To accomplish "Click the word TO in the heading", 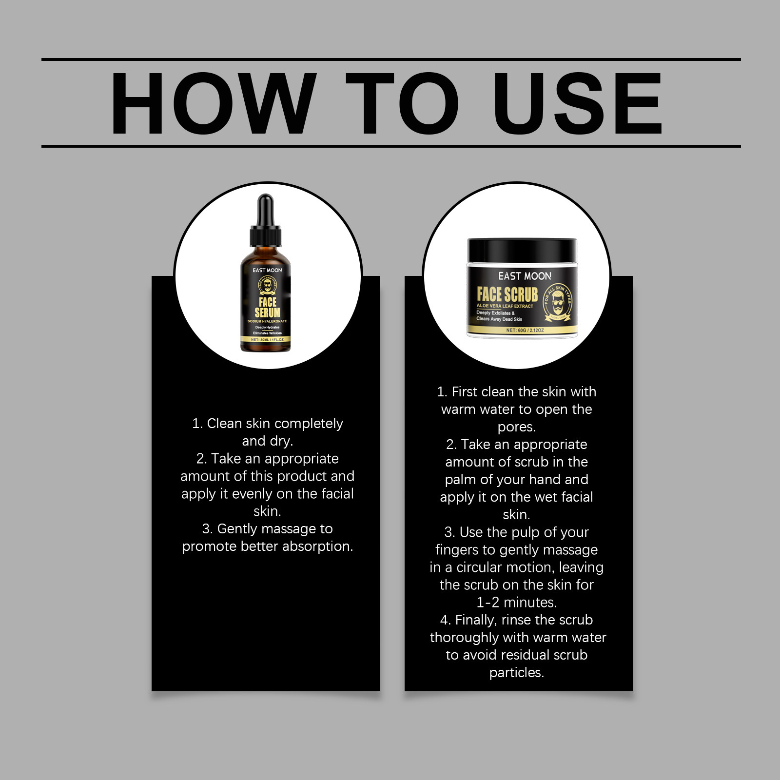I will coord(402,103).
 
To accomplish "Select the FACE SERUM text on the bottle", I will coord(267,307).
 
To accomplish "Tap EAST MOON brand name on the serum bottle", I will coord(267,270).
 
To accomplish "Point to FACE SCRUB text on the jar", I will coord(507,294).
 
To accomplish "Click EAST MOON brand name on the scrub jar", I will coord(525,276).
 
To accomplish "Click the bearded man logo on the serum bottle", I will coord(267,286).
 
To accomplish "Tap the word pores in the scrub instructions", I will coord(516,427).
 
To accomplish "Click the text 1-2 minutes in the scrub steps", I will coord(516,603).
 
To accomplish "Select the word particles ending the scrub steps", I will coord(516,673).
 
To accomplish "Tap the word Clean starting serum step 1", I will coord(224,424).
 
